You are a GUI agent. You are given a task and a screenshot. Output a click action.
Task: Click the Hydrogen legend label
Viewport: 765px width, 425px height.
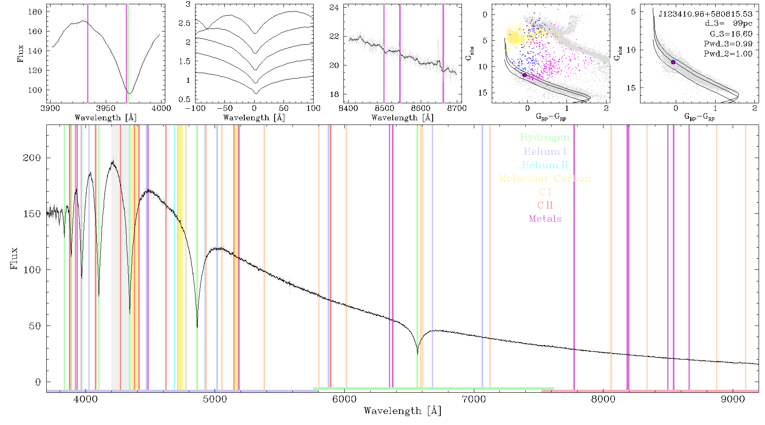click(544, 137)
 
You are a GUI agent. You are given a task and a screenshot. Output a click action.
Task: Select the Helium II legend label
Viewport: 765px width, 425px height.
click(545, 165)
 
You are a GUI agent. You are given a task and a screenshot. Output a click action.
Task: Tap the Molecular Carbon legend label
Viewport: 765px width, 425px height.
click(545, 178)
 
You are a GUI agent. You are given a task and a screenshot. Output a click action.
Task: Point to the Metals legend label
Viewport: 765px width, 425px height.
click(545, 219)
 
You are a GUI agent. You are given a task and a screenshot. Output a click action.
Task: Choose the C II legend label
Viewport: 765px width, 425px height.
click(545, 205)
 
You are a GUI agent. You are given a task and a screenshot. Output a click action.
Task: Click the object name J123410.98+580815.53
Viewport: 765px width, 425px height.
click(705, 14)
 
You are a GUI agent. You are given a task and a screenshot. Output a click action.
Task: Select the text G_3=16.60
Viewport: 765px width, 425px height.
click(731, 34)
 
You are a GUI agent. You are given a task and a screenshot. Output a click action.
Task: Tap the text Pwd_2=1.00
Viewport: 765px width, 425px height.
click(728, 54)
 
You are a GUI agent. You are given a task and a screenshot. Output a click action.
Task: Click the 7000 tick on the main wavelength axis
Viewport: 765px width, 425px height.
click(473, 399)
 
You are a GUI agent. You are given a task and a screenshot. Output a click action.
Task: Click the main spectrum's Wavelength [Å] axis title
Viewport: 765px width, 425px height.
click(402, 411)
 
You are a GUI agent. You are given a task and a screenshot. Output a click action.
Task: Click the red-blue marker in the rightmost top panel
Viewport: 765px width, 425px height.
click(673, 62)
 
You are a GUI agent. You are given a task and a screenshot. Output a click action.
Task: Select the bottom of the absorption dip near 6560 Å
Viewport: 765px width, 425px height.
click(417, 354)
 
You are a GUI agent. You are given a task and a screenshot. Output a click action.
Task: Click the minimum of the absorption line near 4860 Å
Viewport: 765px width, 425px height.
click(197, 327)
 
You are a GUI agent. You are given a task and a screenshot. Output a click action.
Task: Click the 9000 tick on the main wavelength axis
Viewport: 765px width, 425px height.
click(733, 399)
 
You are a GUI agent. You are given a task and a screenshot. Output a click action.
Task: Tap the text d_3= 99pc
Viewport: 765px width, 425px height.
click(728, 24)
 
